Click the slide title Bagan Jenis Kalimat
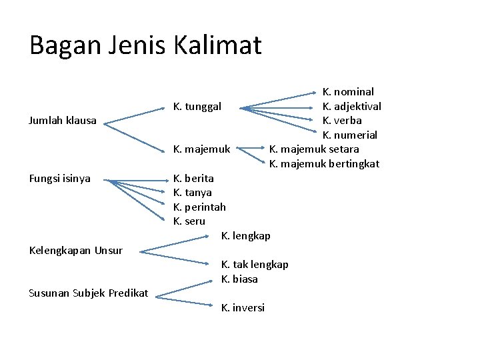(x=145, y=45)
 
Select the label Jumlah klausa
(x=63, y=121)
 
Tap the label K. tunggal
(x=202, y=106)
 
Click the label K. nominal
(x=348, y=91)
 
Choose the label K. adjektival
(x=352, y=106)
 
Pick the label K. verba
(x=342, y=121)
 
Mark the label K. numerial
(x=350, y=135)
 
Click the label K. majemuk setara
(x=314, y=149)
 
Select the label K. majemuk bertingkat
(x=324, y=163)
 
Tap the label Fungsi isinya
(x=60, y=178)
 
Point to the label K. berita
(x=193, y=178)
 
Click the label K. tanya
(x=192, y=193)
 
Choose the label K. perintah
(x=199, y=207)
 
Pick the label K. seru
(x=189, y=221)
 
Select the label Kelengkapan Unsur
(x=77, y=251)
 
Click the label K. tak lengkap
(x=255, y=265)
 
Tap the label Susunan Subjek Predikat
(x=88, y=293)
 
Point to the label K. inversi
(x=243, y=307)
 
